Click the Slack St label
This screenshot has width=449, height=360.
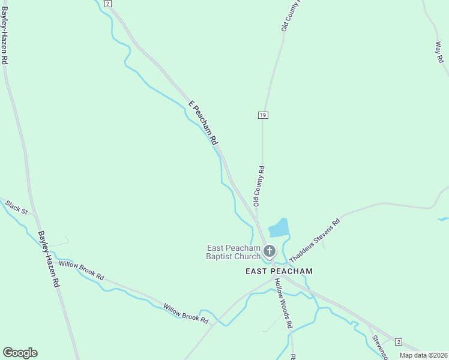17,208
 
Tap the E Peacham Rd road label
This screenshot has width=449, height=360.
203,123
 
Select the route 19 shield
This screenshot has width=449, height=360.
263,115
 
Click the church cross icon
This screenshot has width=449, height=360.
270,251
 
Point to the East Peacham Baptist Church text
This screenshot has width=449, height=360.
234,252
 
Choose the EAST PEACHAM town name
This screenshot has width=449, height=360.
279,271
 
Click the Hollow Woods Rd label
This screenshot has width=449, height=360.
283,303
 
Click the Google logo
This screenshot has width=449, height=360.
20,353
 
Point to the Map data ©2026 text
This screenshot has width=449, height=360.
423,355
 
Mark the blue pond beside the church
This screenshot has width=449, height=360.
279,228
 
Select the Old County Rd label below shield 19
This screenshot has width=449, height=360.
259,187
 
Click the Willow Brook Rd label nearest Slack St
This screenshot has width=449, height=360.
81,271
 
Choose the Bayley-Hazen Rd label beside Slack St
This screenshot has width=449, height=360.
49,259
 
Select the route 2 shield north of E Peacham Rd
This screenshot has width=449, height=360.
107,4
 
